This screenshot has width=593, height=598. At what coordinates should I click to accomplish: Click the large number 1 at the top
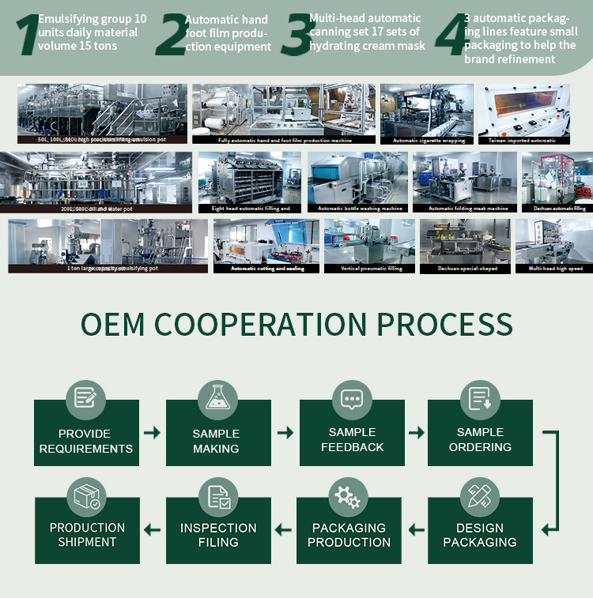coord(26,36)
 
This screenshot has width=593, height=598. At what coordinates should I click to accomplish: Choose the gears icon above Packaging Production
coord(348,496)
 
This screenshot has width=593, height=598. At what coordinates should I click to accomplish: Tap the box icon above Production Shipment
coord(86,496)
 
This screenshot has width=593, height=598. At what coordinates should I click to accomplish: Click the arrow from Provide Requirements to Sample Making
coord(152,433)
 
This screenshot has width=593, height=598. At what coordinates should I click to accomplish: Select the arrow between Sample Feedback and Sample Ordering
coord(417,433)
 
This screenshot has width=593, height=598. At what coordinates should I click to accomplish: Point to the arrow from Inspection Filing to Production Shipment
coord(152,529)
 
